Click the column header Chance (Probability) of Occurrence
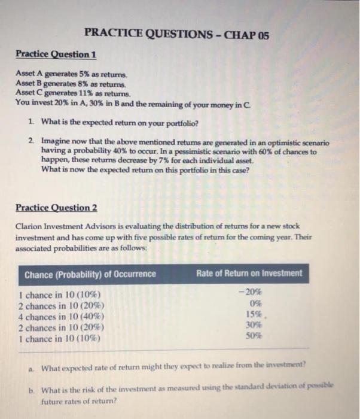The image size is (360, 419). [x=90, y=274]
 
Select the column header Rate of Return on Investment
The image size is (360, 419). [x=249, y=274]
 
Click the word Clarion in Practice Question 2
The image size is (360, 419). [x=29, y=225]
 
